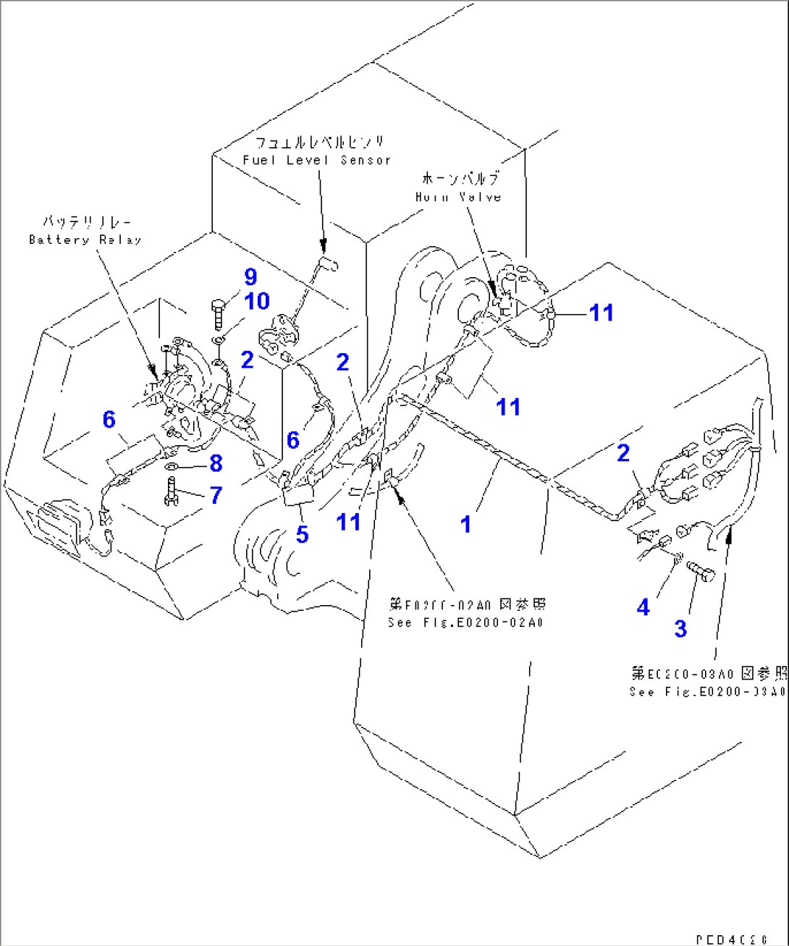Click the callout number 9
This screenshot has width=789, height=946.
250,276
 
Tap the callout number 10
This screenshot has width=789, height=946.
258,301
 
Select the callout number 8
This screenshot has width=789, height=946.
215,463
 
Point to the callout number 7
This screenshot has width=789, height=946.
216,495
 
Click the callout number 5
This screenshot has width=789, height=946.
302,534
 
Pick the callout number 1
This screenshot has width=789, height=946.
466,524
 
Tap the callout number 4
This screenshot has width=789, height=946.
643,607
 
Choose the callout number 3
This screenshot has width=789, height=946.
680,628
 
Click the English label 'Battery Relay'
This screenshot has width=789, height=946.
85,240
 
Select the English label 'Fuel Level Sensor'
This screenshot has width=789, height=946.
316,160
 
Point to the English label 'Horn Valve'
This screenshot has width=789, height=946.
458,197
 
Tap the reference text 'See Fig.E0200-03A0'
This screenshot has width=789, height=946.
707,692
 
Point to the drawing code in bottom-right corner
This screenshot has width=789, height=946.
730,939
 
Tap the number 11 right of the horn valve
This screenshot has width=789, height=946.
601,313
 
